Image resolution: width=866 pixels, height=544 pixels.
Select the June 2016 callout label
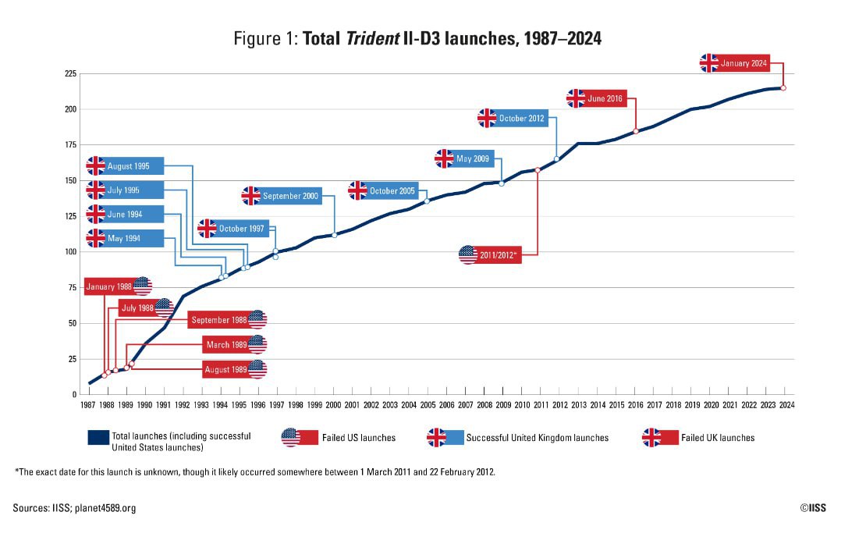(x=604, y=98)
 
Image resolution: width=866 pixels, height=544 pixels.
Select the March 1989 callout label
(x=226, y=344)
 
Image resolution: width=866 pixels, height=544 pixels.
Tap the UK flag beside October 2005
(x=357, y=190)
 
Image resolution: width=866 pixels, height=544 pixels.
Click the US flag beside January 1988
(x=143, y=286)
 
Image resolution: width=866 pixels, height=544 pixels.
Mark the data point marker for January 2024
(x=783, y=88)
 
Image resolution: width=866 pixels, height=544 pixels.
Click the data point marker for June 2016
(x=636, y=131)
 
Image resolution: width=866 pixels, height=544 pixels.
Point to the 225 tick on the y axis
(x=71, y=74)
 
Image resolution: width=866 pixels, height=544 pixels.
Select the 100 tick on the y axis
(x=71, y=252)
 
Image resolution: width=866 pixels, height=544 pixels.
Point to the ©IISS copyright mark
(x=812, y=508)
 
